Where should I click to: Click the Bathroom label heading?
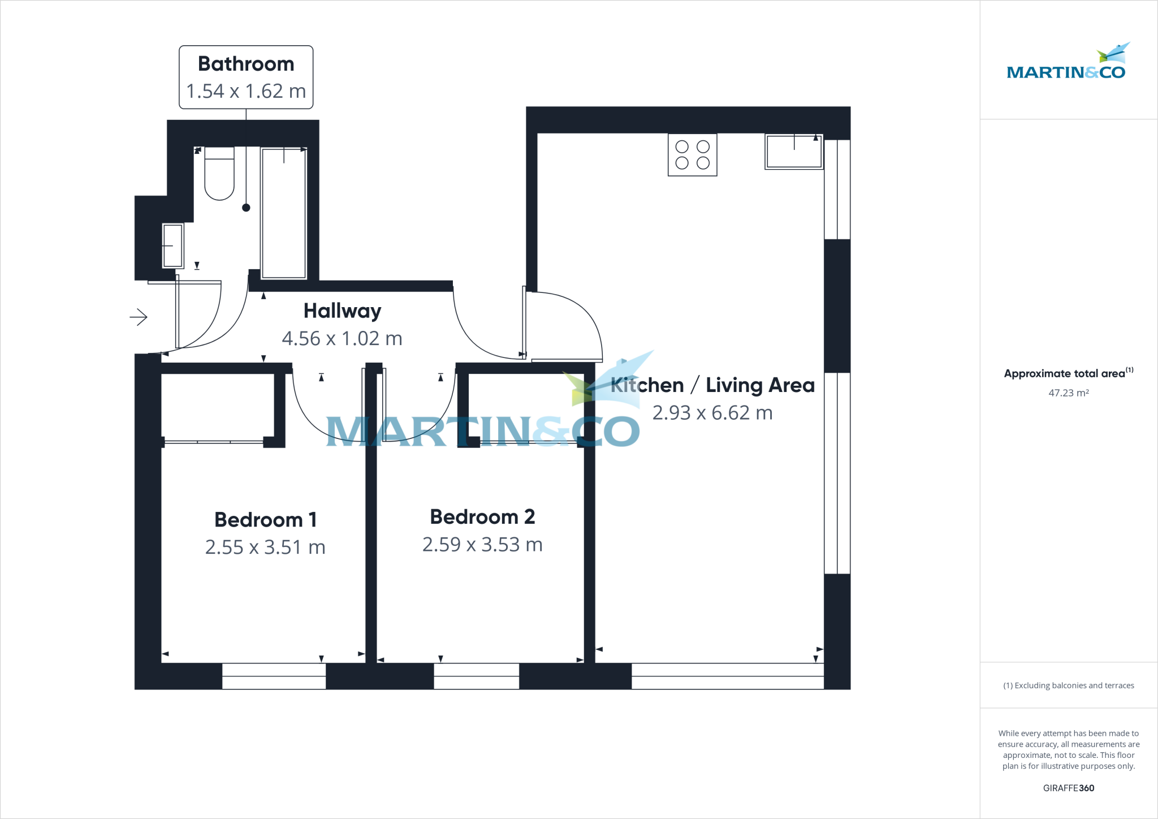click(x=246, y=64)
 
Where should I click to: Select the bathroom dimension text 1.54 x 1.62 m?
click(x=246, y=91)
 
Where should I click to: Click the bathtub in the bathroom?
click(x=284, y=213)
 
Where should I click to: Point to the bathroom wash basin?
click(x=173, y=245)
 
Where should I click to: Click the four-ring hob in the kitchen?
click(x=692, y=155)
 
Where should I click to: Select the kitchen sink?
click(x=794, y=152)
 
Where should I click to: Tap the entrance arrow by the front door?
click(x=139, y=317)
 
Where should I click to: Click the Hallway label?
click(x=342, y=311)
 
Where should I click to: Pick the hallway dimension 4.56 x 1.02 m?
click(x=342, y=338)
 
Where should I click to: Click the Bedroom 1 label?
click(x=265, y=519)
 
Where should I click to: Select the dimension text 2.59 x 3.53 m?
click(x=482, y=544)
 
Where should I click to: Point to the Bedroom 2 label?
click(x=482, y=516)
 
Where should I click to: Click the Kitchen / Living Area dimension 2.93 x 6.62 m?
click(x=712, y=413)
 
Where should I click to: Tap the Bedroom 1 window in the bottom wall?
click(x=274, y=676)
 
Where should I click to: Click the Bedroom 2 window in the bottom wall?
click(x=476, y=676)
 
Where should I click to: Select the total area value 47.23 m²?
click(x=1069, y=393)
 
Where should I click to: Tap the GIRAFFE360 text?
click(x=1069, y=788)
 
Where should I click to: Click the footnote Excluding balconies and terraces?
click(x=1069, y=686)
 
